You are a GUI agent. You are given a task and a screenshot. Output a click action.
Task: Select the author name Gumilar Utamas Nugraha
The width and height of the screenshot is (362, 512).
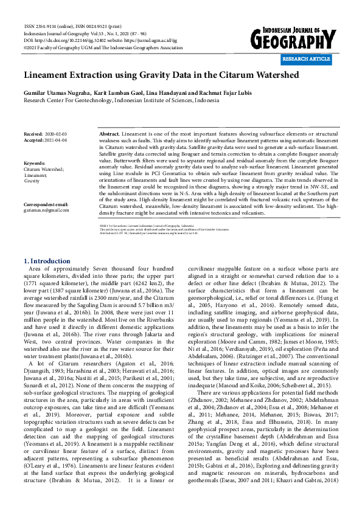click(x=57, y=92)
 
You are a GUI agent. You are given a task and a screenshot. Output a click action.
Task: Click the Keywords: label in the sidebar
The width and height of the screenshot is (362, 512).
click(x=35, y=164)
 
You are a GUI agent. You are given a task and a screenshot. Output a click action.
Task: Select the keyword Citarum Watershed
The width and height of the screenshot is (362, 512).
click(x=43, y=170)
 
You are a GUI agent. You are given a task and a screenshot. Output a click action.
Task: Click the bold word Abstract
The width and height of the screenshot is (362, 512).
click(x=109, y=133)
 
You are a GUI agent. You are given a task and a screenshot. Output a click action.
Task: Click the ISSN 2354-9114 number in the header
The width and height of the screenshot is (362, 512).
click(x=44, y=27)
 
